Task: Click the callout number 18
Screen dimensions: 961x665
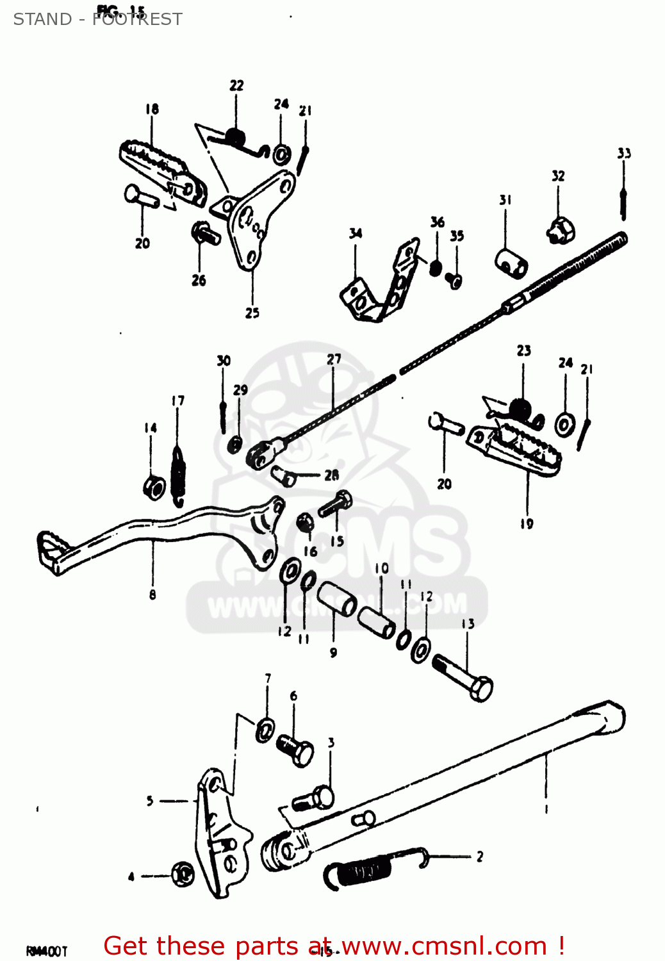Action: point(152,109)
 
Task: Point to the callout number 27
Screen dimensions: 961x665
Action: point(334,359)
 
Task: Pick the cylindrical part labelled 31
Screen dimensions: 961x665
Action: point(511,262)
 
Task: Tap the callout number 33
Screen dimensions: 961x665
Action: point(624,153)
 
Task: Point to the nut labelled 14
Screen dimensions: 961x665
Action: point(154,488)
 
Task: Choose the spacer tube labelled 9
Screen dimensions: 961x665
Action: point(337,599)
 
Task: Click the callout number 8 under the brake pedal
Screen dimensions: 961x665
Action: point(152,595)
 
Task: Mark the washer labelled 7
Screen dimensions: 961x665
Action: point(265,730)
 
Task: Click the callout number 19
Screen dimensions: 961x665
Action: point(527,524)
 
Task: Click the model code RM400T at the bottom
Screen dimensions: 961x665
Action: point(46,951)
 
